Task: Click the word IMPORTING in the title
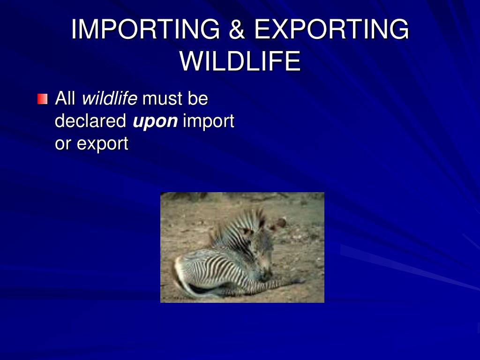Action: pos(145,30)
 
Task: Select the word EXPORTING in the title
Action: pos(331,30)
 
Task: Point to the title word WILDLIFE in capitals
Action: pos(240,61)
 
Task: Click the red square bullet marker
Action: pos(43,99)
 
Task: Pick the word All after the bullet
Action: pos(65,99)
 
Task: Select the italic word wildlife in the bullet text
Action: pos(110,99)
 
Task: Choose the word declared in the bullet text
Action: pos(90,121)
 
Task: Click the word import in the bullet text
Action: pos(208,122)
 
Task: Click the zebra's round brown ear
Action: pos(280,223)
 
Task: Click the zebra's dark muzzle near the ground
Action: pos(266,276)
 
